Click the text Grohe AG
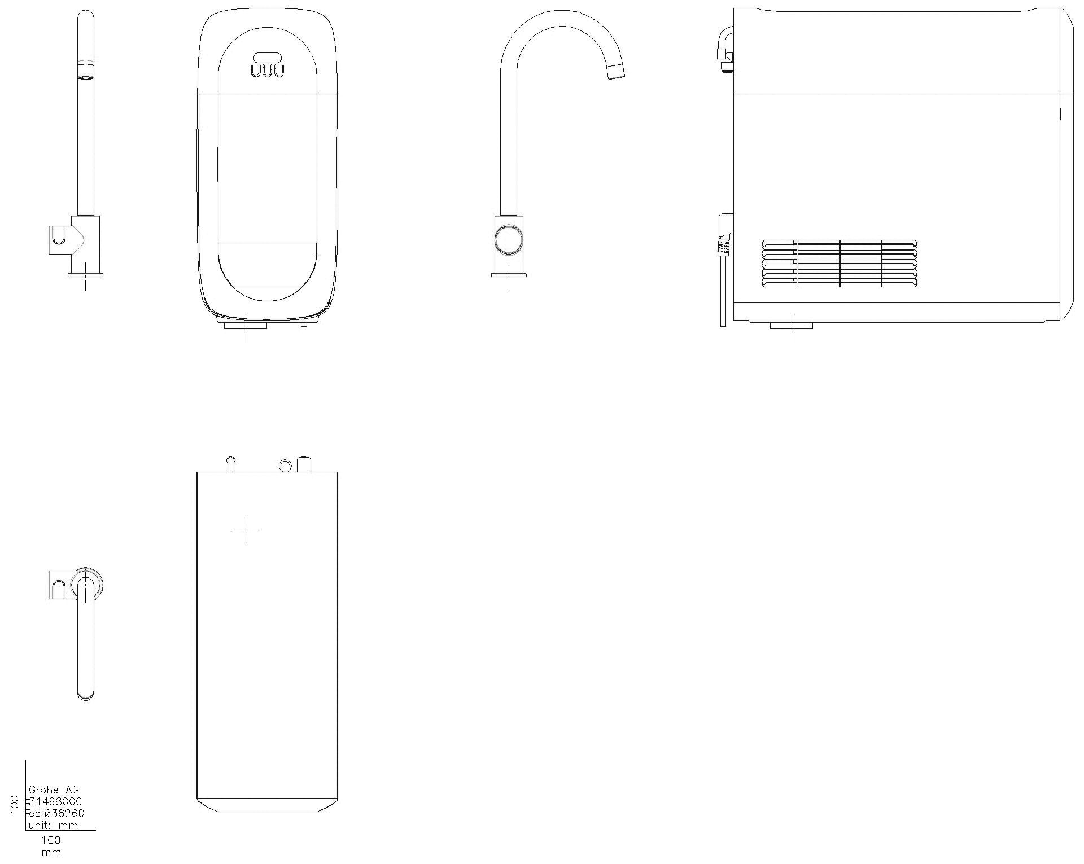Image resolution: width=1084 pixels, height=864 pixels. click(54, 790)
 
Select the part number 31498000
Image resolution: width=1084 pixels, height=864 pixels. click(55, 801)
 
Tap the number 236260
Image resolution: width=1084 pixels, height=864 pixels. click(65, 813)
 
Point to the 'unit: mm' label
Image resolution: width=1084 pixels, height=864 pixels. click(53, 825)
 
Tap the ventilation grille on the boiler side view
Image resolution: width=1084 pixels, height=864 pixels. click(839, 264)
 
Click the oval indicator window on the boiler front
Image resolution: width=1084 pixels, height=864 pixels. click(268, 57)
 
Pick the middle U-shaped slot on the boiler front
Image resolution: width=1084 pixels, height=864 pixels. click(268, 71)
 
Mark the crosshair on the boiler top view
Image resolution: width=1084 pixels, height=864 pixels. click(246, 530)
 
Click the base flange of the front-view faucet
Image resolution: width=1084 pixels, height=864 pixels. click(85, 275)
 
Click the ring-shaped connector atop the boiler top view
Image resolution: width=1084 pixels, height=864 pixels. click(285, 465)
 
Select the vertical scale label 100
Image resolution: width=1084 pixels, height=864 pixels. click(16, 805)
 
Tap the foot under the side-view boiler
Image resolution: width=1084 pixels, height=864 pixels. click(791, 325)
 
